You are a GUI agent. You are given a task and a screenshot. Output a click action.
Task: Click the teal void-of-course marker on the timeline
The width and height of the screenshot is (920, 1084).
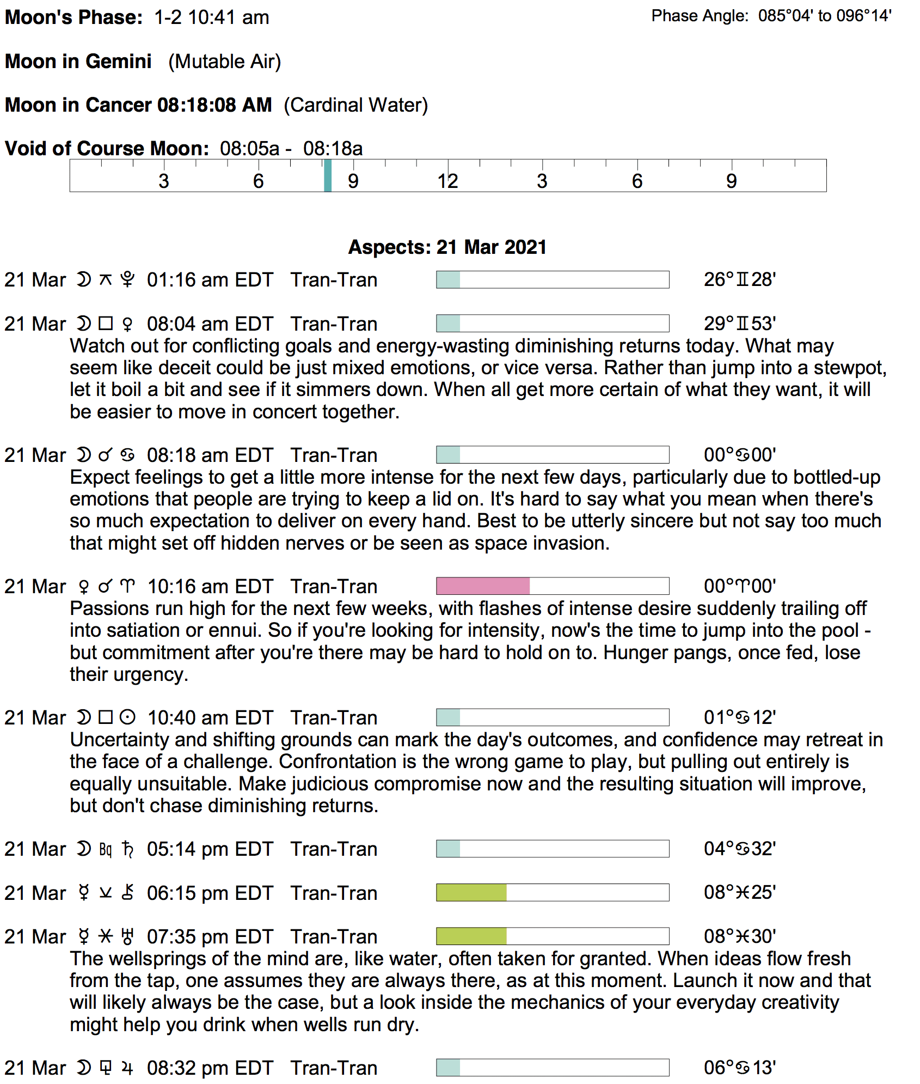[x=328, y=175]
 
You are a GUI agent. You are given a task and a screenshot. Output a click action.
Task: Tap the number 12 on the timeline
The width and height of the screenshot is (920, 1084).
[x=447, y=181]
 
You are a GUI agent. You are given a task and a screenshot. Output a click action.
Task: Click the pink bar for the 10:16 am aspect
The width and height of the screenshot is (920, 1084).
[x=483, y=586]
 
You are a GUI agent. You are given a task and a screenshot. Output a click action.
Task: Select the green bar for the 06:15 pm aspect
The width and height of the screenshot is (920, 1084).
[x=471, y=893]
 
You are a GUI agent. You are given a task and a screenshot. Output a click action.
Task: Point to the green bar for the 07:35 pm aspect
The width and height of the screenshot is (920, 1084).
[x=471, y=936]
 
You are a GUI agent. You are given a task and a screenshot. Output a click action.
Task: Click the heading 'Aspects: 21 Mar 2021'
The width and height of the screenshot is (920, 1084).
[x=447, y=247]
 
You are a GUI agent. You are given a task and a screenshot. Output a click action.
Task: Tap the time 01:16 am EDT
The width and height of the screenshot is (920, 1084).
[x=210, y=280]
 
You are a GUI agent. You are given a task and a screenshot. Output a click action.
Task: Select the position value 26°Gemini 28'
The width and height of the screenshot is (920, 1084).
[x=739, y=279]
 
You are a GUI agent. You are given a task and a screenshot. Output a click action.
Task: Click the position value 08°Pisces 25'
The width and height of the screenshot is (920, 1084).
[x=739, y=892]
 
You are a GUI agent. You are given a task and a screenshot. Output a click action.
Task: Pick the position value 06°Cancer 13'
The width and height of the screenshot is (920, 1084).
[x=739, y=1068]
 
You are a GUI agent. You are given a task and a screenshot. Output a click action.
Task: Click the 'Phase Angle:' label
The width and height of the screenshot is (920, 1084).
[x=700, y=16]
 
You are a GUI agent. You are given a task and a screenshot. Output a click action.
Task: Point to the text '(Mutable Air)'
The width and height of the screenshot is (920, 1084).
[x=224, y=62]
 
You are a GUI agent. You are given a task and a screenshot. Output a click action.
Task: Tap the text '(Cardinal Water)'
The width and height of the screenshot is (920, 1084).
[x=356, y=105]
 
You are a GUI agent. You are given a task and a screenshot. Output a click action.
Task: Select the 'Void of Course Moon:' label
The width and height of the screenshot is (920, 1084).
[x=107, y=148]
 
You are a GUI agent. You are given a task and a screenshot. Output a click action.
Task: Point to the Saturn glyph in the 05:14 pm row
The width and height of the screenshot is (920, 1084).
[x=128, y=849]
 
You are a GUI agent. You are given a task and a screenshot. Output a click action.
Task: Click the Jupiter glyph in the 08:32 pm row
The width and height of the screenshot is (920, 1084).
[x=127, y=1068]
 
